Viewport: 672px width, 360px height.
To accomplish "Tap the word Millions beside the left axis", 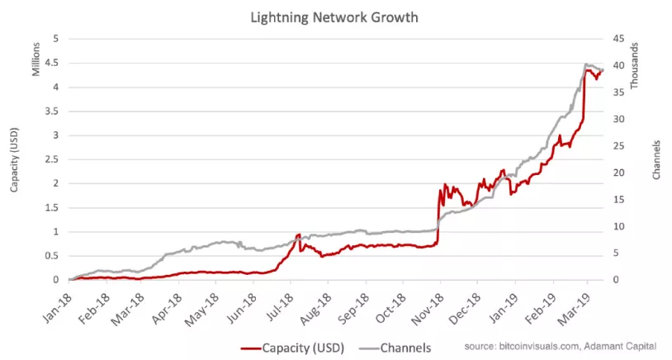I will [36, 58].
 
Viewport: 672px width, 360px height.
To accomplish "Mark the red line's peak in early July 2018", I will [298, 235].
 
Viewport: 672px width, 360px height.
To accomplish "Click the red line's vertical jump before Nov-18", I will [438, 219].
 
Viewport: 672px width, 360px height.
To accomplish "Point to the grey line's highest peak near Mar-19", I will [585, 64].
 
